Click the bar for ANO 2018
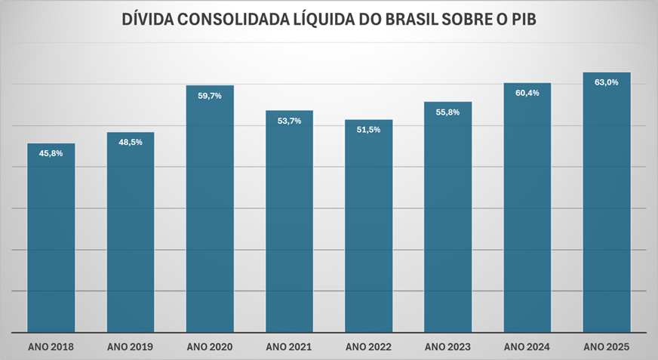[51, 242]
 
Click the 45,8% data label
[51, 153]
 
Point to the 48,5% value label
[131, 142]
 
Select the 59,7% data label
[210, 95]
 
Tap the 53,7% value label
[289, 121]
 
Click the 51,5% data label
[368, 130]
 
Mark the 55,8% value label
[448, 112]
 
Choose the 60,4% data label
[527, 93]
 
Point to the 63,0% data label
[607, 82]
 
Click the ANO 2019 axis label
[131, 347]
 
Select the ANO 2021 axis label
[289, 347]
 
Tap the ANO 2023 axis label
[448, 347]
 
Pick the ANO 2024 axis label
[527, 347]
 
